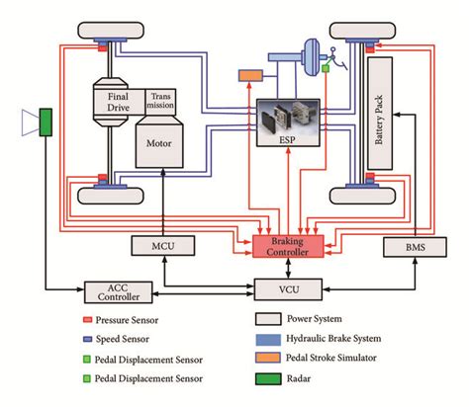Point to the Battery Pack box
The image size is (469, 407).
point(386,119)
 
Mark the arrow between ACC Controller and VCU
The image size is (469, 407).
point(198,289)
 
